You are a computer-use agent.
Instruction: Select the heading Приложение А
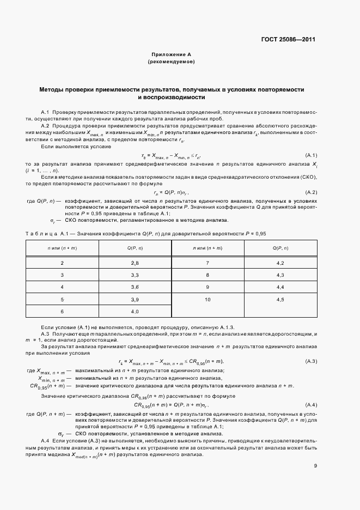[171, 55]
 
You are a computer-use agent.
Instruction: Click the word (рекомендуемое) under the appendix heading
[171, 62]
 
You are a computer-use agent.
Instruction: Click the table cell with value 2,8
[135, 263]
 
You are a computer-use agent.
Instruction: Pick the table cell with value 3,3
[135, 275]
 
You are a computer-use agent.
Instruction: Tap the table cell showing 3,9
[135, 300]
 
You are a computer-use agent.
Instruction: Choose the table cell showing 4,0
[135, 312]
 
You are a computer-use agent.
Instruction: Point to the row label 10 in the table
[208, 300]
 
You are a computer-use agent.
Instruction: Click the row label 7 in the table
[208, 263]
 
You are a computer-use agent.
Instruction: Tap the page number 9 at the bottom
[315, 465]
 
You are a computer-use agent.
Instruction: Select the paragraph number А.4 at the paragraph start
[46, 440]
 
